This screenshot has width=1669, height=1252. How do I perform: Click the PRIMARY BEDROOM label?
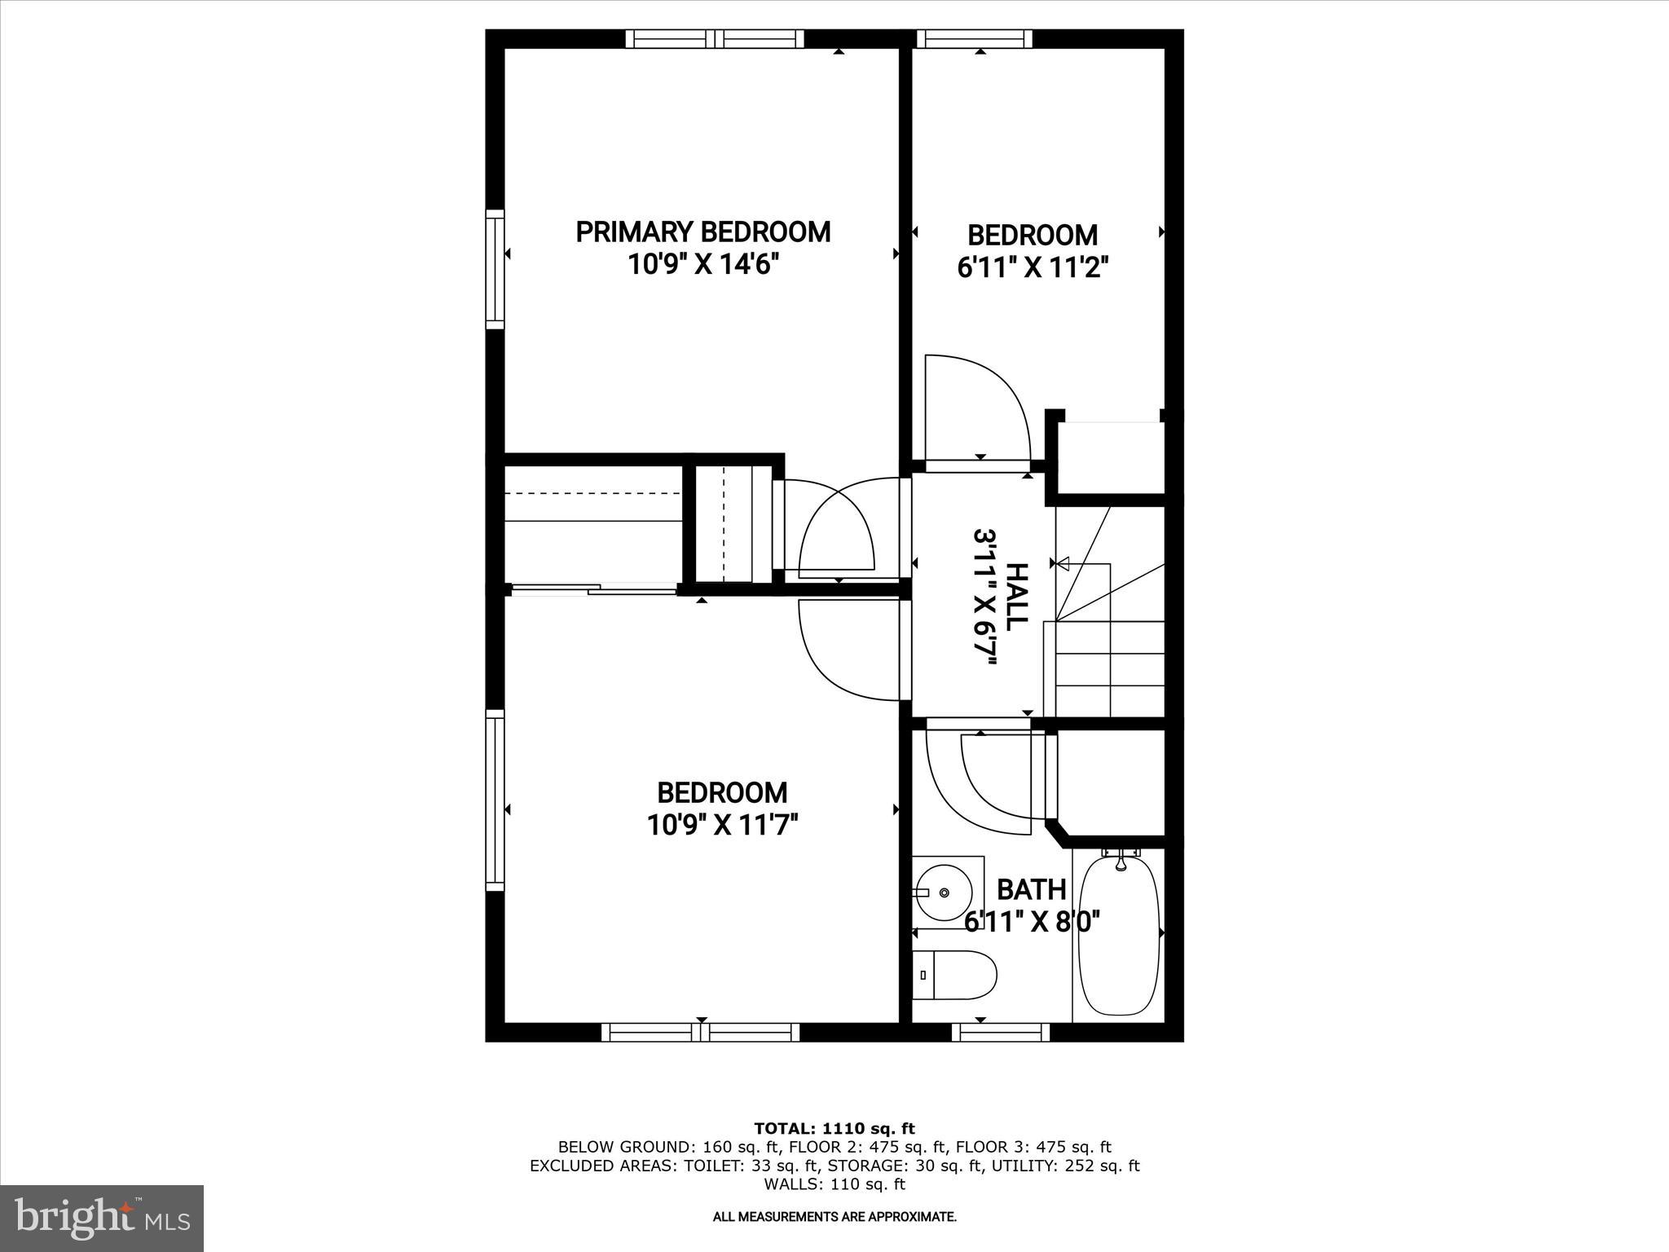tap(702, 232)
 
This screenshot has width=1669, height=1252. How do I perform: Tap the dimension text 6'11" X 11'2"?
tap(1033, 268)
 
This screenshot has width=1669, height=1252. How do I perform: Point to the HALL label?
tap(1016, 596)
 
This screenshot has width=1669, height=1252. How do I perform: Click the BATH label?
tap(1031, 889)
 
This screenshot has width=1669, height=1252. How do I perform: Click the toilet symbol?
tap(953, 976)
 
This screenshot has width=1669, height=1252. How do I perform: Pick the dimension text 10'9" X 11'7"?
tap(721, 826)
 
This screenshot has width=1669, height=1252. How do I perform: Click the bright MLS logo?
tap(102, 1218)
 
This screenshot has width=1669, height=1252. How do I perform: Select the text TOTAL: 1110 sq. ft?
tap(834, 1129)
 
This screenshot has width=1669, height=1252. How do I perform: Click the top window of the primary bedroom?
tap(715, 39)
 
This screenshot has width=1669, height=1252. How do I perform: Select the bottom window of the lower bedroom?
tap(701, 1032)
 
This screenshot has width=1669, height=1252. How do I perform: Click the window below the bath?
tap(1001, 1032)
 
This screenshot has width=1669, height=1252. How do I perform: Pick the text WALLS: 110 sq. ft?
tap(834, 1184)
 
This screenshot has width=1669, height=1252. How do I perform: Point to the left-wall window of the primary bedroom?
tap(495, 269)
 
